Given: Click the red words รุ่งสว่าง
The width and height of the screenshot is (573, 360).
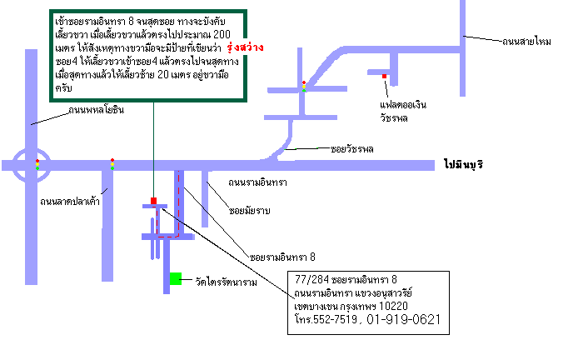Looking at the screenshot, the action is [245, 47].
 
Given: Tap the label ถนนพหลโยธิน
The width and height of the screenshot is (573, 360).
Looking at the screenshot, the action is [97, 110].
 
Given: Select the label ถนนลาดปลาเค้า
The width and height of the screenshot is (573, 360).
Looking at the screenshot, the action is [70, 202].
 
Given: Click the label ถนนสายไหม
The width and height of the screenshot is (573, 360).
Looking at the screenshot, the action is [526, 42].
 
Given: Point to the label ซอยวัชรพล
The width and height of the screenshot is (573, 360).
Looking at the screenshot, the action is [352, 149].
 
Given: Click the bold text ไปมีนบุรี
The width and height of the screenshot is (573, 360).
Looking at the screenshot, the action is [464, 164].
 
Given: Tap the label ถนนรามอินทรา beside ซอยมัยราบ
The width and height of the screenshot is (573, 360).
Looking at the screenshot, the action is [257, 182].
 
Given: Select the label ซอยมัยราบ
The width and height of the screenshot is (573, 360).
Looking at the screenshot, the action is [250, 211].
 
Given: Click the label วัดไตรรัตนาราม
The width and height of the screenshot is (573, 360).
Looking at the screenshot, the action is [227, 282].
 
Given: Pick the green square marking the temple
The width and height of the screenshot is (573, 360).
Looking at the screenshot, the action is [176, 278].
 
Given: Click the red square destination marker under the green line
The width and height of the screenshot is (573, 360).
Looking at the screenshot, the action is [154, 201].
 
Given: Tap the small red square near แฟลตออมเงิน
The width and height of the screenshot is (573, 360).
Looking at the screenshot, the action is [384, 76].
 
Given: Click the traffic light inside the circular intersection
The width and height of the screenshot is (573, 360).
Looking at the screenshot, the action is [37, 164].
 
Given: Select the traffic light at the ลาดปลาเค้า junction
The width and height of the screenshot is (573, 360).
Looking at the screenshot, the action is [112, 164].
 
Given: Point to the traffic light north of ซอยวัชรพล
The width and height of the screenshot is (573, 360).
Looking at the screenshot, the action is [304, 87].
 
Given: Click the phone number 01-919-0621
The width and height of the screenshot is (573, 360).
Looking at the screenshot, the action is [403, 319].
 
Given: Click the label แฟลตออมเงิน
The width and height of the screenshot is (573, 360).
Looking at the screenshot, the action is [403, 105].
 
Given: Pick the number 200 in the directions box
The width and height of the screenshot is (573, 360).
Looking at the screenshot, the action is [222, 34].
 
